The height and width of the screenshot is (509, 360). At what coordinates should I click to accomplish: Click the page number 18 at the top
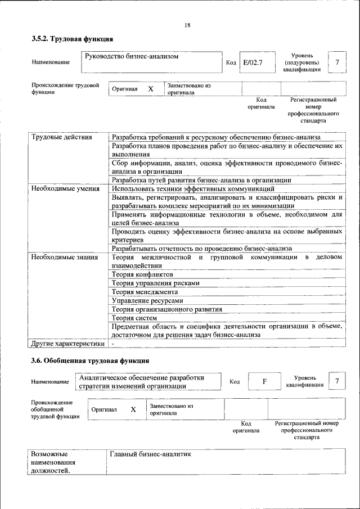[x=187, y=25]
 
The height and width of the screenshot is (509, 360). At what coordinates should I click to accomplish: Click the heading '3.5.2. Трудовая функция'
[x=73, y=39]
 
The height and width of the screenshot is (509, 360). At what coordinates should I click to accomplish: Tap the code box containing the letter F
[x=264, y=381]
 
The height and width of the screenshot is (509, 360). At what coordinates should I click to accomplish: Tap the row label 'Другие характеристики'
[x=67, y=343]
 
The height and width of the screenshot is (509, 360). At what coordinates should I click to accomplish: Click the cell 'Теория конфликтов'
[x=138, y=274]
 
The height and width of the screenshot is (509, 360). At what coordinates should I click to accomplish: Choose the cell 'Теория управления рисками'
[x=155, y=283]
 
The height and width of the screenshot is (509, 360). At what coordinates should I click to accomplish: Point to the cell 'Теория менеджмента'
[x=145, y=292]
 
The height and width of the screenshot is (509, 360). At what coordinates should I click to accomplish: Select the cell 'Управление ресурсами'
[x=147, y=300]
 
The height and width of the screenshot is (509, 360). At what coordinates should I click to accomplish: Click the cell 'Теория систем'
[x=131, y=317]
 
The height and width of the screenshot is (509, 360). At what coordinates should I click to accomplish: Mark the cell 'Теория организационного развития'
[x=166, y=309]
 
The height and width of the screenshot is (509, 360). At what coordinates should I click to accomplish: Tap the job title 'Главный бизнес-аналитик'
[x=151, y=453]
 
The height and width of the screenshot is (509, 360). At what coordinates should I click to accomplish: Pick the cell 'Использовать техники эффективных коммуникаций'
[x=193, y=188]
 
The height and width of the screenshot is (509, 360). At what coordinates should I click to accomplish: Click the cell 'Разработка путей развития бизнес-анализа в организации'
[x=201, y=180]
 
